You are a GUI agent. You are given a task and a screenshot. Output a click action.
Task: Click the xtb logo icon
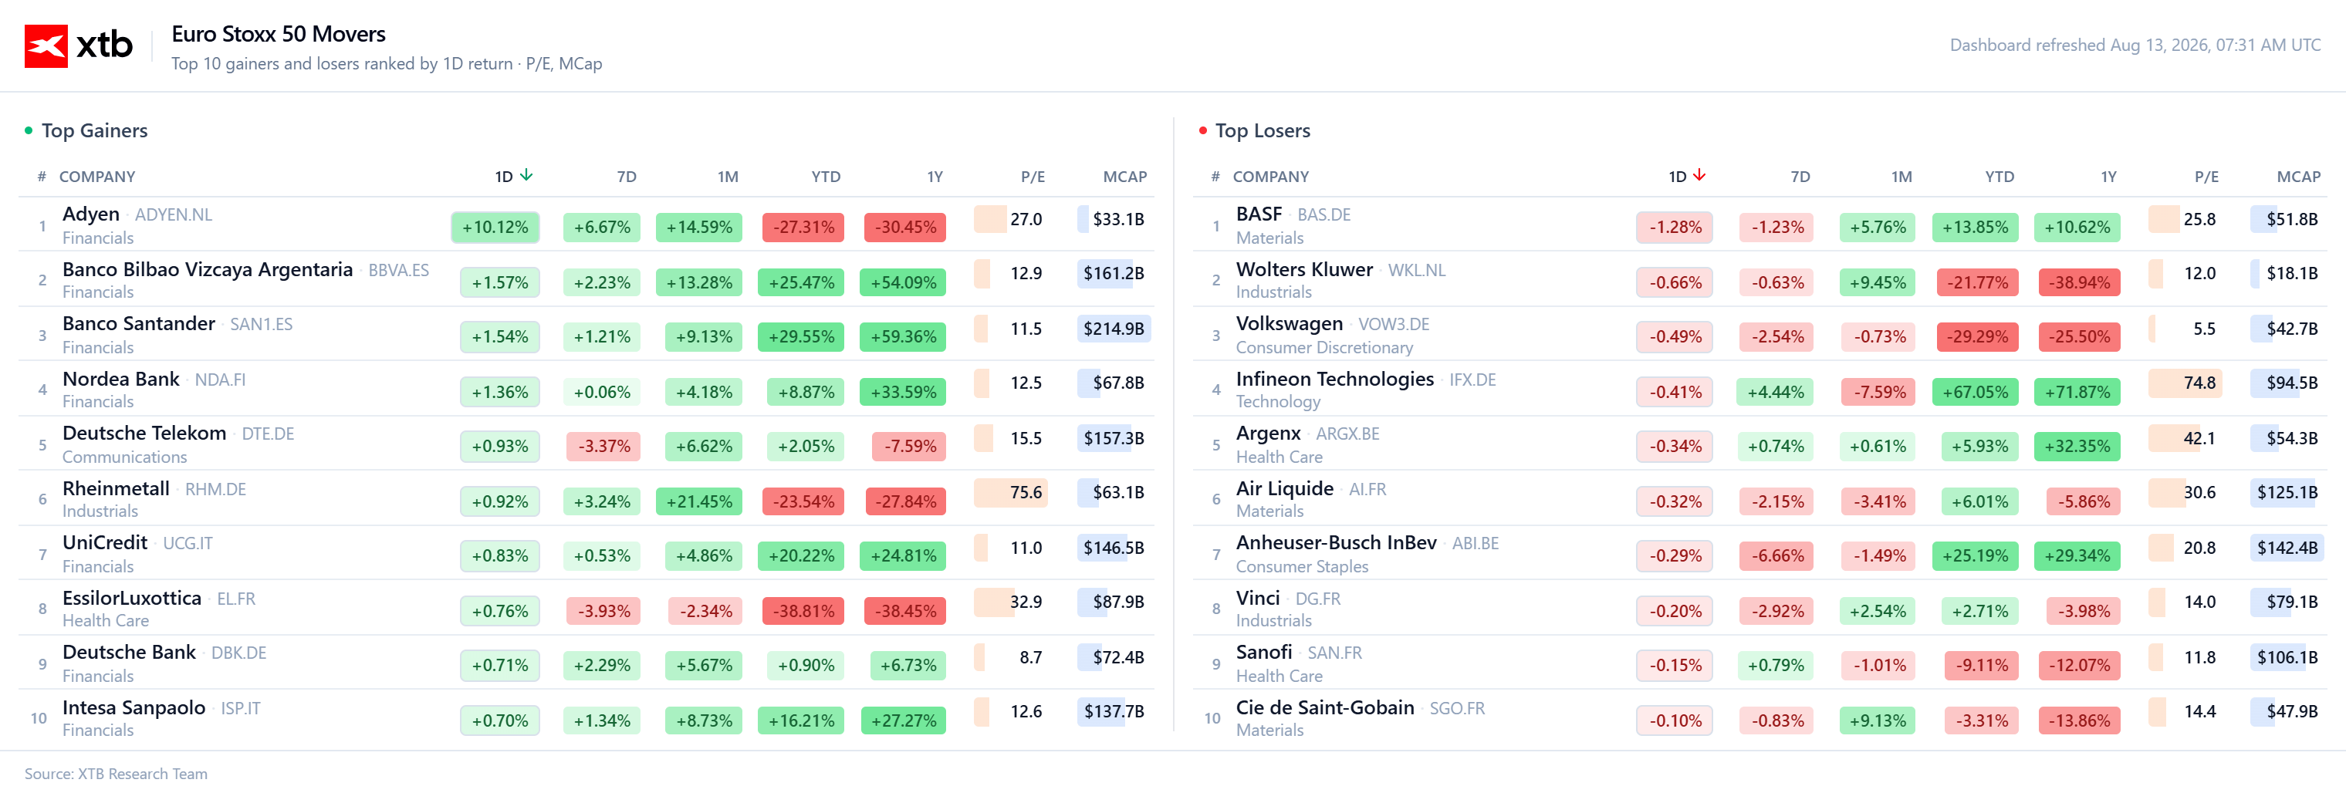pyautogui.click(x=46, y=46)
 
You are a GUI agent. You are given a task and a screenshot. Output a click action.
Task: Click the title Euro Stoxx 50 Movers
pyautogui.click(x=279, y=35)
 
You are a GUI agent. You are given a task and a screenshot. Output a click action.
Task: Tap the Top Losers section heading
pyautogui.click(x=1263, y=131)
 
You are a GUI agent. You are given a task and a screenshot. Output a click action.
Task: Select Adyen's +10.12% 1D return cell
pyautogui.click(x=495, y=228)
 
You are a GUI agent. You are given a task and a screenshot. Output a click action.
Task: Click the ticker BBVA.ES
pyautogui.click(x=398, y=271)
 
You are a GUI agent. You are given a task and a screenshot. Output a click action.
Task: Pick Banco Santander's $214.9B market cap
pyautogui.click(x=1114, y=329)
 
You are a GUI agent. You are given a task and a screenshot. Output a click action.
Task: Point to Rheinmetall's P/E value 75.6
pyautogui.click(x=1026, y=493)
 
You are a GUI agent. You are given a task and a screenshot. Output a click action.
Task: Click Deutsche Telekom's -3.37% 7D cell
pyautogui.click(x=603, y=446)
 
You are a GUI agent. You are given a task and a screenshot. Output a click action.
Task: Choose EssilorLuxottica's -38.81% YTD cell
pyautogui.click(x=803, y=611)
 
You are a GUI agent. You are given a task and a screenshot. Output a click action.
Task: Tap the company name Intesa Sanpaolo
pyautogui.click(x=134, y=707)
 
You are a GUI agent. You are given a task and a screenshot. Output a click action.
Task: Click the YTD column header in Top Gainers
pyautogui.click(x=826, y=177)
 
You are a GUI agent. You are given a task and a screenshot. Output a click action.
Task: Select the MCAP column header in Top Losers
pyautogui.click(x=2299, y=177)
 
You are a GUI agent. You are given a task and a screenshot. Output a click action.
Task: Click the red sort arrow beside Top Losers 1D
pyautogui.click(x=1699, y=175)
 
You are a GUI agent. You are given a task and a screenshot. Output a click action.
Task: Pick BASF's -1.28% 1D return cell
pyautogui.click(x=1675, y=228)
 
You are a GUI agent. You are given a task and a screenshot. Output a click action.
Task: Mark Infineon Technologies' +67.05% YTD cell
pyautogui.click(x=1976, y=393)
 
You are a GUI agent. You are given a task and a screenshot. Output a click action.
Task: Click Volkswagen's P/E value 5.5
pyautogui.click(x=2204, y=329)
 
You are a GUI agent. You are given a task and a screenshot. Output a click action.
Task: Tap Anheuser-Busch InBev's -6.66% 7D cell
pyautogui.click(x=1776, y=556)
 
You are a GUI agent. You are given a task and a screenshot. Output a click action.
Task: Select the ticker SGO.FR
pyautogui.click(x=1457, y=708)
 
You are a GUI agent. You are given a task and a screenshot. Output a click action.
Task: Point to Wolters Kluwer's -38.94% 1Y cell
pyautogui.click(x=2079, y=283)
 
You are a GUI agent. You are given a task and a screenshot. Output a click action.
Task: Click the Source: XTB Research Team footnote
pyautogui.click(x=116, y=774)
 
